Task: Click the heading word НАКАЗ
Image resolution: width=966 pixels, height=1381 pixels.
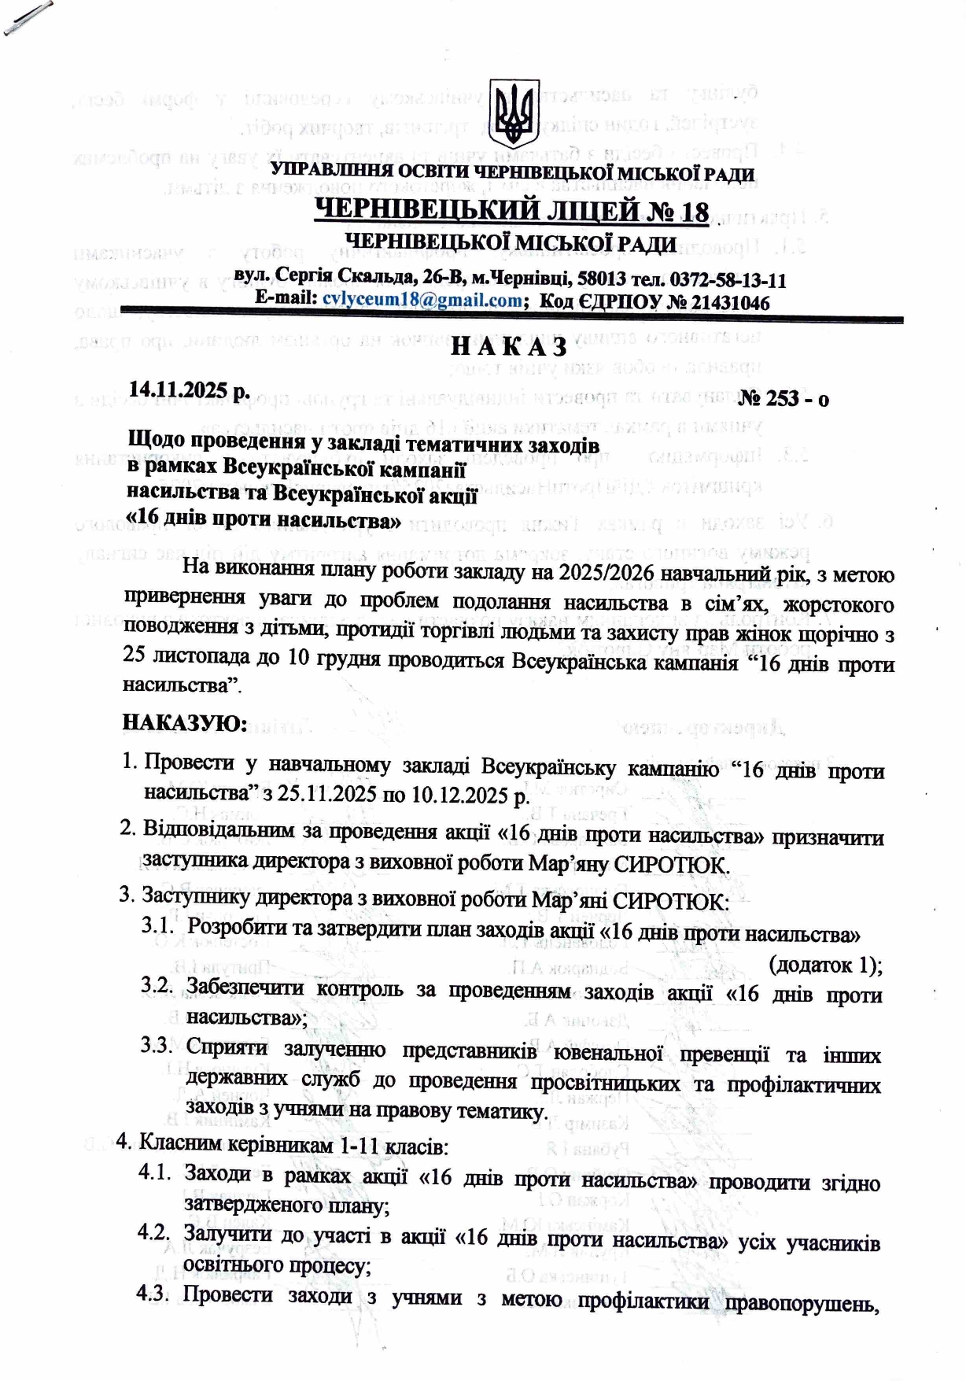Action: (509, 346)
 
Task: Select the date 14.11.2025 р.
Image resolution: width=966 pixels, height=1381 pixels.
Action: (189, 390)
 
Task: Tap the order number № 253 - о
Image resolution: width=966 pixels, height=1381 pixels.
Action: (783, 398)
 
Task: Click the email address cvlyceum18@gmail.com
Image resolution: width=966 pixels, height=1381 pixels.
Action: (422, 300)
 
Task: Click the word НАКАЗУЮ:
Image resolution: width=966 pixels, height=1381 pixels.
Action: (186, 722)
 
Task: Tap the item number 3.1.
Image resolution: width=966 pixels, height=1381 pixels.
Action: (157, 925)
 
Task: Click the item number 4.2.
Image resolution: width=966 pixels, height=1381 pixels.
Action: (153, 1232)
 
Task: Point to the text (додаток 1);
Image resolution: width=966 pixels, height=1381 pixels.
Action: (825, 965)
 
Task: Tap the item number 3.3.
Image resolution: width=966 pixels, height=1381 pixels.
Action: (157, 1046)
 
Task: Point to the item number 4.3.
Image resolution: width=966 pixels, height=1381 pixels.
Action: (153, 1294)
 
